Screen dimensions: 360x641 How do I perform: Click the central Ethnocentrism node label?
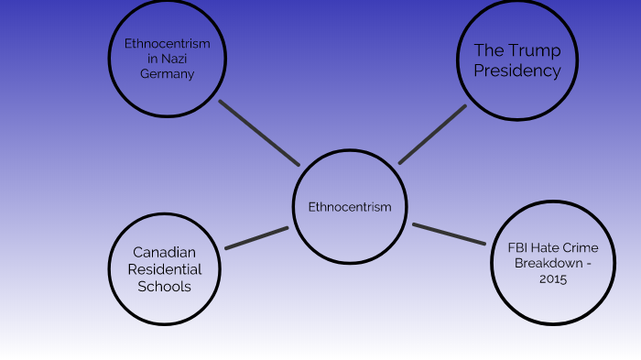click(x=350, y=207)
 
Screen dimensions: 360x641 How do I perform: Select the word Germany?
click(x=167, y=74)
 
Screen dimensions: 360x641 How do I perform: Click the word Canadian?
click(x=164, y=252)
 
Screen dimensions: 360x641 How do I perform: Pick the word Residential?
click(x=164, y=269)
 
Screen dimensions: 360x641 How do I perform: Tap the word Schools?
click(x=164, y=287)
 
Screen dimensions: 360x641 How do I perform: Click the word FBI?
click(x=519, y=246)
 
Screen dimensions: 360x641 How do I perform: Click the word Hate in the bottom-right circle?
click(x=549, y=246)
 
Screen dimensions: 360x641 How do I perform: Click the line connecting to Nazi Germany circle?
click(x=259, y=132)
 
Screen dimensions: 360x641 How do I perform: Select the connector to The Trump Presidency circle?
click(x=432, y=135)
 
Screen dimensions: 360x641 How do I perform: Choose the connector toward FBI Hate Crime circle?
click(x=449, y=234)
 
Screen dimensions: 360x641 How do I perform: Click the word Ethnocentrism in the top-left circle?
click(x=167, y=43)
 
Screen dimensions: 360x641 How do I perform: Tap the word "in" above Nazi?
click(x=153, y=59)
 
